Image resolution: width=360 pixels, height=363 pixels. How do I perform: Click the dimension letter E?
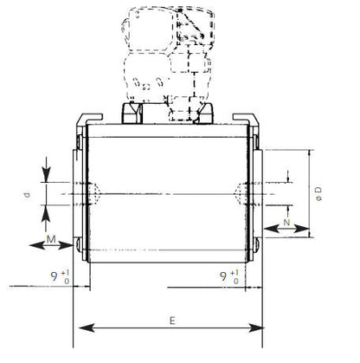(172, 319)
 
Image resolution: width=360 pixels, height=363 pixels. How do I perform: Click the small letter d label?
(27, 195)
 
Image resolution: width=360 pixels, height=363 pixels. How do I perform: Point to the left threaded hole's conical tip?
(102, 193)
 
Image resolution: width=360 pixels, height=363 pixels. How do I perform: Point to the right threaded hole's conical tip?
(242, 193)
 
